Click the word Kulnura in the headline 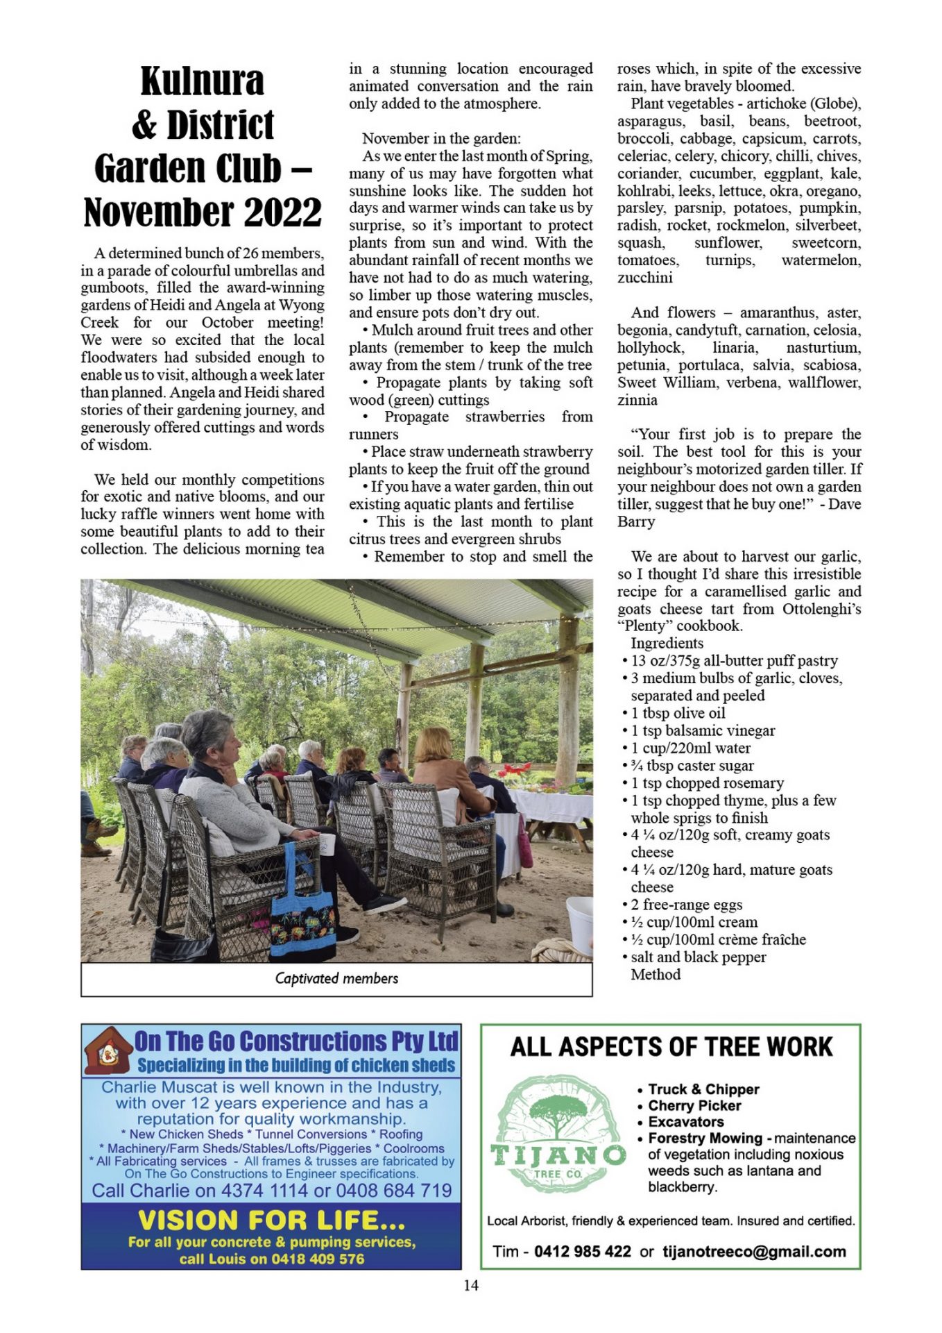202,81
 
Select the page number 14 471,1285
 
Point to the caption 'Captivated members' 336,978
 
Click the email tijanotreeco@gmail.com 754,1251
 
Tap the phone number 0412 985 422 582,1251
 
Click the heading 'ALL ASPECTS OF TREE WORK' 671,1047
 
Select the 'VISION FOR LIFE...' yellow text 271,1220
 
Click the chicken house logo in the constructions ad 108,1050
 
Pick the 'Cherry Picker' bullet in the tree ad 694,1105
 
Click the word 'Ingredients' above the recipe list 667,643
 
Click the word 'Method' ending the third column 656,974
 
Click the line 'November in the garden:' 441,138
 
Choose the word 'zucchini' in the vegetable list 645,278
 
